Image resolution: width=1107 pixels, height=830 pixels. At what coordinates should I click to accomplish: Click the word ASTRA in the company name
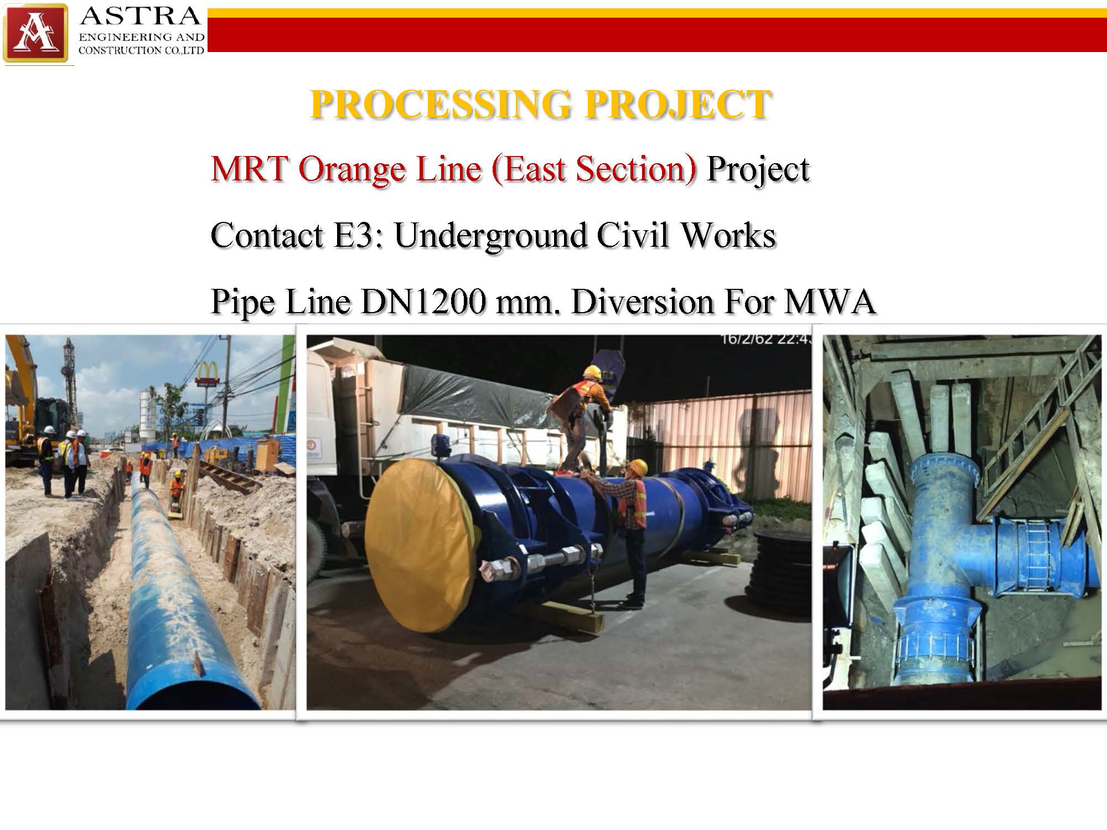click(x=141, y=17)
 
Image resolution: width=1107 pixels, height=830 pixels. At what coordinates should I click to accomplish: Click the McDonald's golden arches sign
click(x=207, y=370)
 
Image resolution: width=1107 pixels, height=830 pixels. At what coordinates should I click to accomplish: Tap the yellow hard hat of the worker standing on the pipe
click(x=593, y=372)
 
